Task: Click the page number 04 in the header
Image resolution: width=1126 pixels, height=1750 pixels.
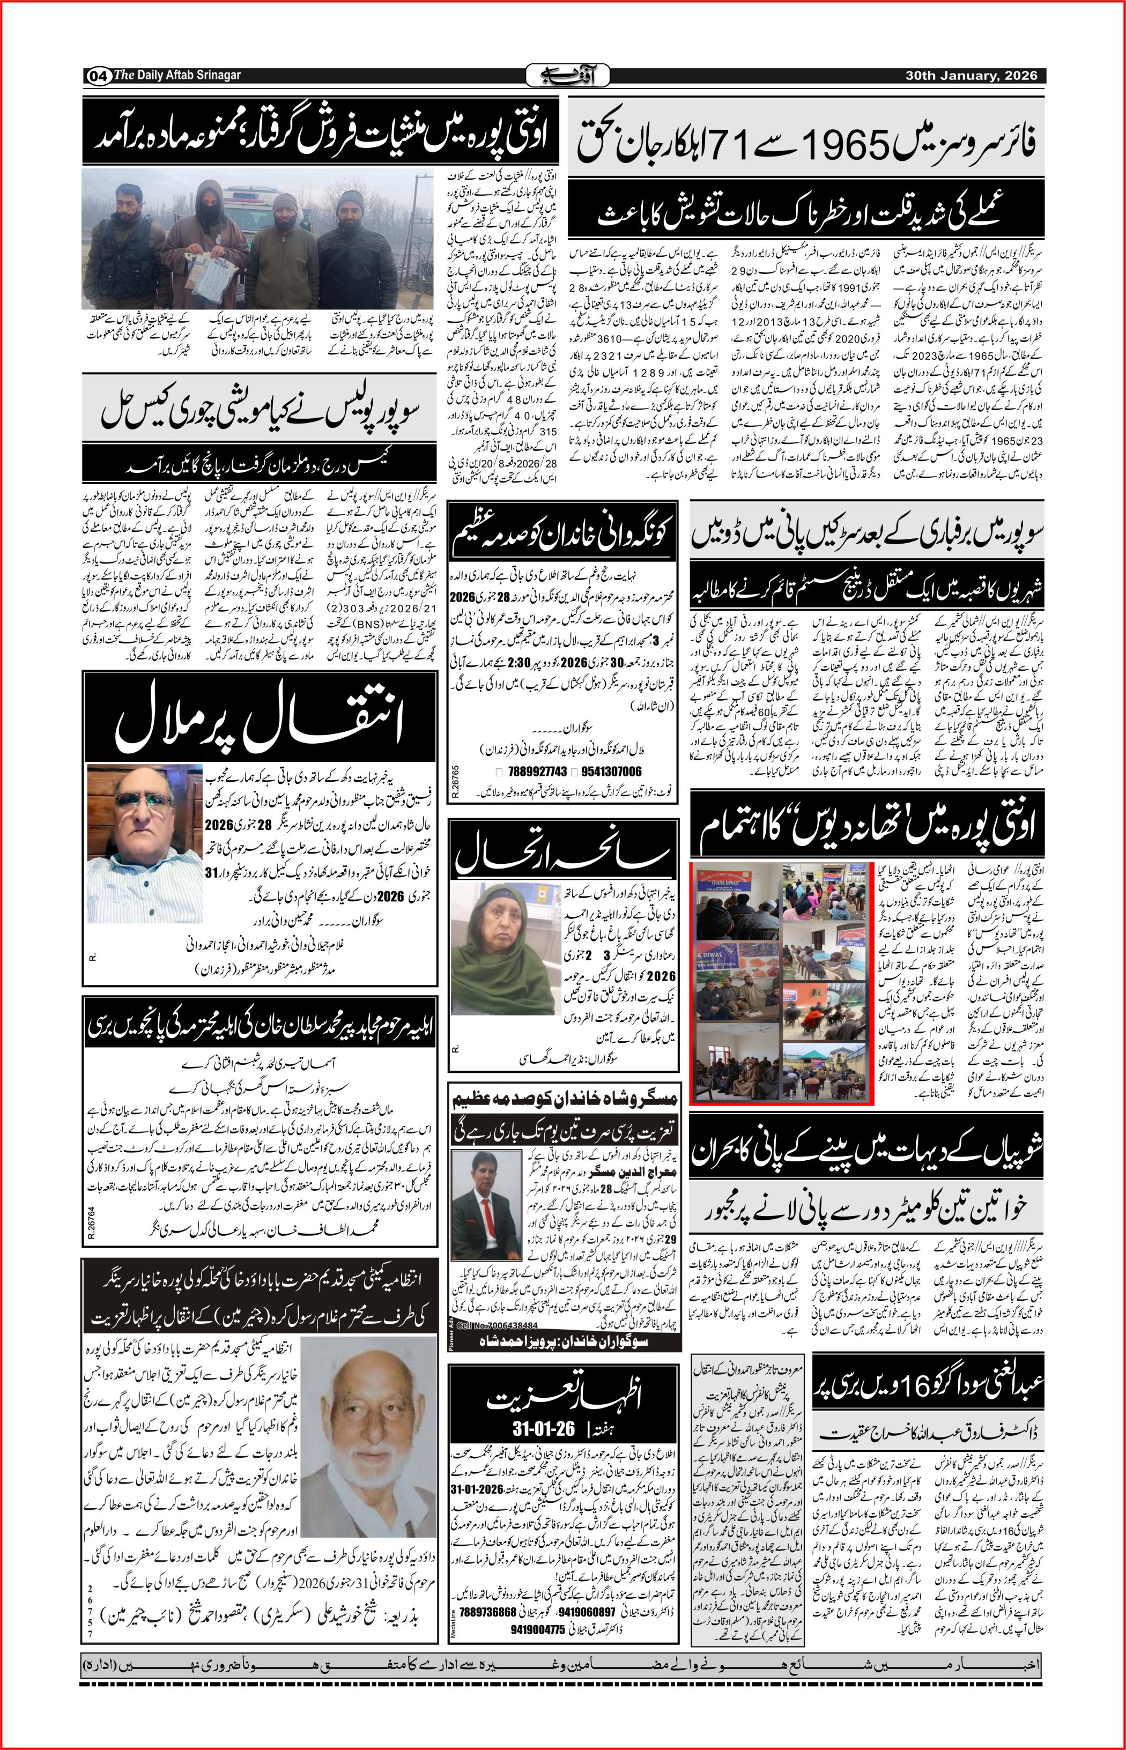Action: click(x=99, y=75)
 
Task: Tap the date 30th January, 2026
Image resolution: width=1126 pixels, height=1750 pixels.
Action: click(x=975, y=75)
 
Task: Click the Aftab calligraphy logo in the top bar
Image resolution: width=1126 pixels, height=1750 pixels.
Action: click(x=562, y=75)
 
